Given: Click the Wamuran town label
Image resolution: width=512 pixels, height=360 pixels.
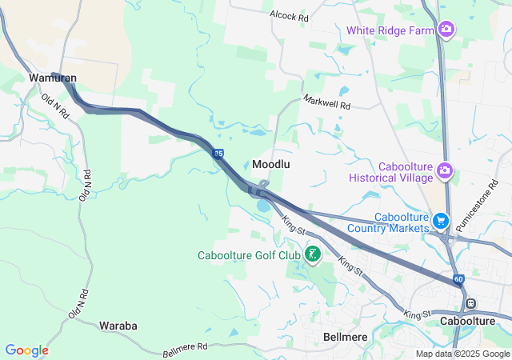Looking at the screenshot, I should (x=53, y=78).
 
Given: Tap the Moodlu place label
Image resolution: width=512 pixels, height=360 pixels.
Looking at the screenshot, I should (x=270, y=163).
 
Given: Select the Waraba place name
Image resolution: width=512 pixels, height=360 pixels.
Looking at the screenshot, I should (x=118, y=326).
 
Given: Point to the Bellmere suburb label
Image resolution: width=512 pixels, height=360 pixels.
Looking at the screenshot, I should (x=346, y=337).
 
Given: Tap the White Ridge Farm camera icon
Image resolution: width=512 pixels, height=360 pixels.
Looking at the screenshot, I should (x=446, y=30).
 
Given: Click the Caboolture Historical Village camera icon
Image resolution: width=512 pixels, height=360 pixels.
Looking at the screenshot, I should (x=445, y=170).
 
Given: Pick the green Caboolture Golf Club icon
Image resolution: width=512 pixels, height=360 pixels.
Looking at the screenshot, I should (x=312, y=256).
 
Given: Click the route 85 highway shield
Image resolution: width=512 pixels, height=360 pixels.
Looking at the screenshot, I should (x=218, y=154).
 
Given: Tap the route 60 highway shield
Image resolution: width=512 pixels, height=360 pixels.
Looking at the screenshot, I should (x=458, y=279).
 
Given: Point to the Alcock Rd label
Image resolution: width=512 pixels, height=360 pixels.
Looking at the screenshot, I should (x=289, y=16).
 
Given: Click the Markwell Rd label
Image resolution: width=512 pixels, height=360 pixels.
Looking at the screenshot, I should (x=326, y=103).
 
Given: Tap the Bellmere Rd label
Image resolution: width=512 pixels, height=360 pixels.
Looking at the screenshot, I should (x=185, y=347).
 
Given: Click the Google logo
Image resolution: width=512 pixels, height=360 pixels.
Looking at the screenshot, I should (x=26, y=350).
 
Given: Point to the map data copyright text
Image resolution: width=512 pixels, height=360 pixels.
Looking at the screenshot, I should (x=462, y=354).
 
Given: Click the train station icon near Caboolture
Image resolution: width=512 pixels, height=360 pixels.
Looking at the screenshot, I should (x=471, y=303).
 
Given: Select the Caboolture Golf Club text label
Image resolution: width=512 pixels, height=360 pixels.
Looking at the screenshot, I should (x=249, y=256).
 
